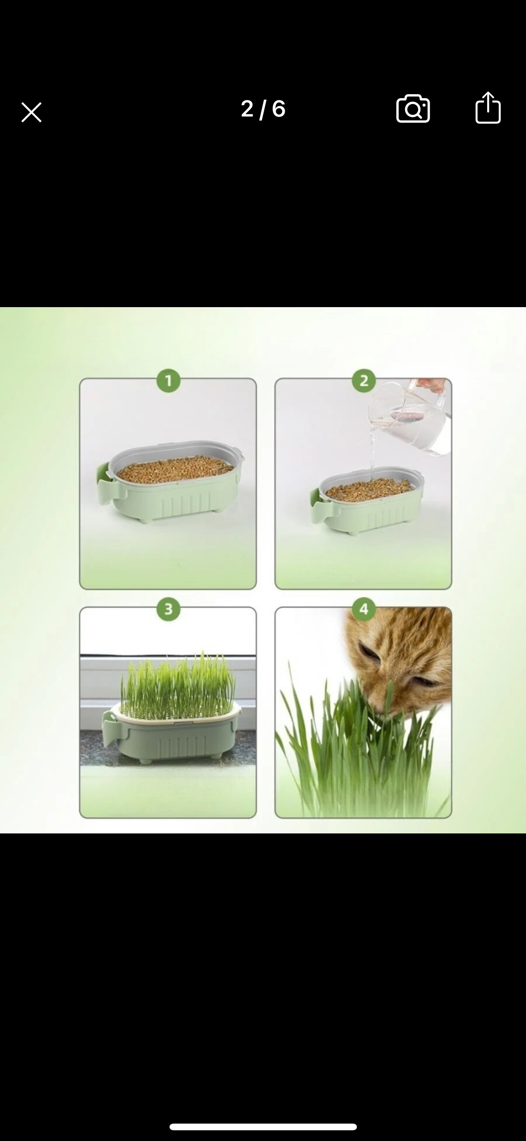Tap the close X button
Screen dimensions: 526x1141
click(x=31, y=112)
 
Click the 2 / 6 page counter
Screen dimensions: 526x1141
click(x=263, y=109)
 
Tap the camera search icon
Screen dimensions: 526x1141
click(x=413, y=108)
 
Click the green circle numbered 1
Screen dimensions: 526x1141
click(x=168, y=381)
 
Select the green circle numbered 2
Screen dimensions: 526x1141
click(x=364, y=381)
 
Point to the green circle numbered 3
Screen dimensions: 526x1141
click(x=168, y=609)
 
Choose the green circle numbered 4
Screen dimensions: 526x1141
click(x=364, y=609)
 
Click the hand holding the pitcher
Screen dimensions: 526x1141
click(x=435, y=384)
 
